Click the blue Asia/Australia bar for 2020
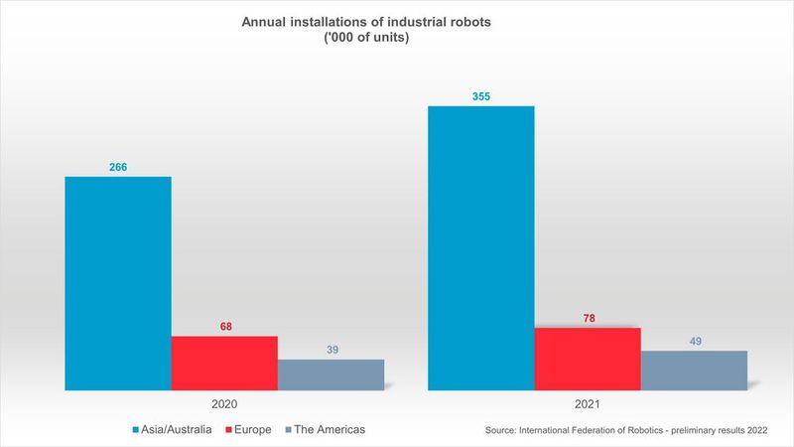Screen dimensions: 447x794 [118, 283]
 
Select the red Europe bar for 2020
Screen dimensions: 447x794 [224, 363]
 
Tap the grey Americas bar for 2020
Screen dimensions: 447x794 [331, 374]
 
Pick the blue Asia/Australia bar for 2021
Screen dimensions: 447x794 [480, 247]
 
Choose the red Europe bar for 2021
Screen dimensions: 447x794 [588, 359]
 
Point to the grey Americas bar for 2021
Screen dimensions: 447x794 [694, 370]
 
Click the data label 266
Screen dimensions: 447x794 [118, 167]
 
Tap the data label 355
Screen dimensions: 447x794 [480, 96]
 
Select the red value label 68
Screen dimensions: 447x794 [224, 326]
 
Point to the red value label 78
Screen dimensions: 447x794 [588, 318]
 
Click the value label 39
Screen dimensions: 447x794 [331, 349]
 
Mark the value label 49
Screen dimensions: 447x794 [694, 341]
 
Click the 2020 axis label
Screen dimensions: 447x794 [224, 405]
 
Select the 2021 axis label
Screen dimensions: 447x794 [588, 405]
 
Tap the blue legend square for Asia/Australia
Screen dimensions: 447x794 [135, 429]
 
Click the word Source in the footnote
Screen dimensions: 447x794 [504, 430]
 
